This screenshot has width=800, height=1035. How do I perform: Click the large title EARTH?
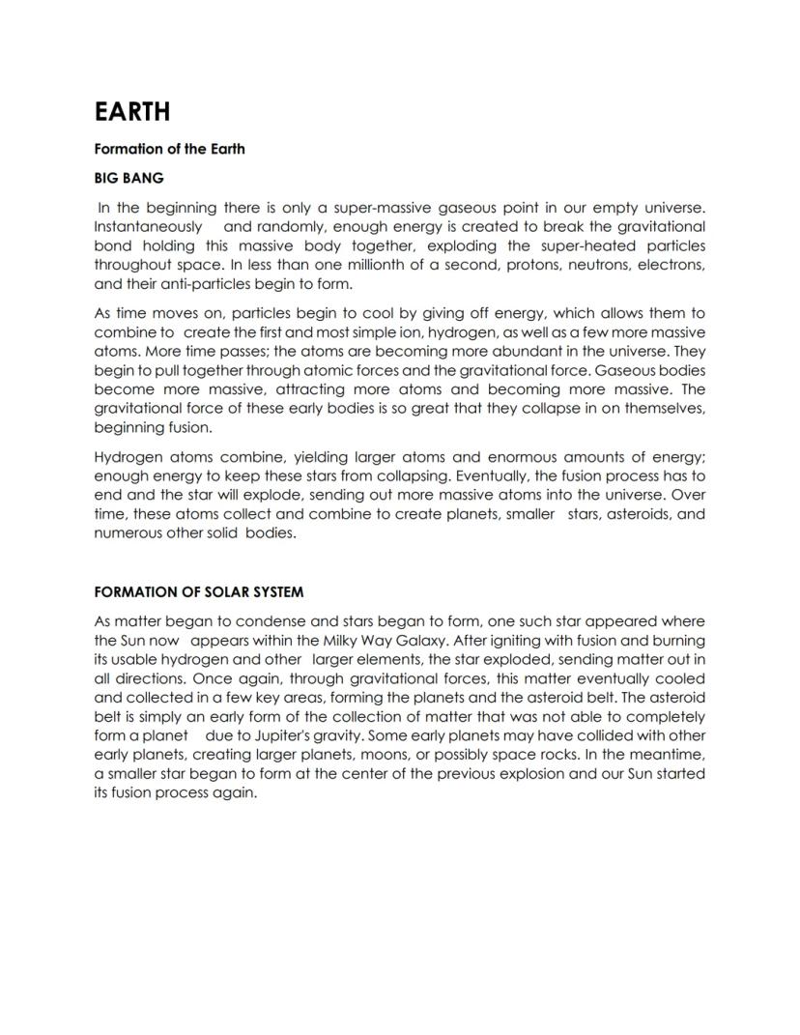(132, 112)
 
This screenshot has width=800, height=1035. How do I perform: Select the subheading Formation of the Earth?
(169, 149)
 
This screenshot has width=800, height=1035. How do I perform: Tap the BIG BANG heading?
(129, 178)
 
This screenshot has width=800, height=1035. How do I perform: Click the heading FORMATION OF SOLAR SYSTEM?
(199, 591)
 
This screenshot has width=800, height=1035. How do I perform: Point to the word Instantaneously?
(148, 226)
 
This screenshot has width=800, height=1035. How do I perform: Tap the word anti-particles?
(185, 283)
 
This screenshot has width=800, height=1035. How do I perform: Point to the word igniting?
(495, 640)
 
